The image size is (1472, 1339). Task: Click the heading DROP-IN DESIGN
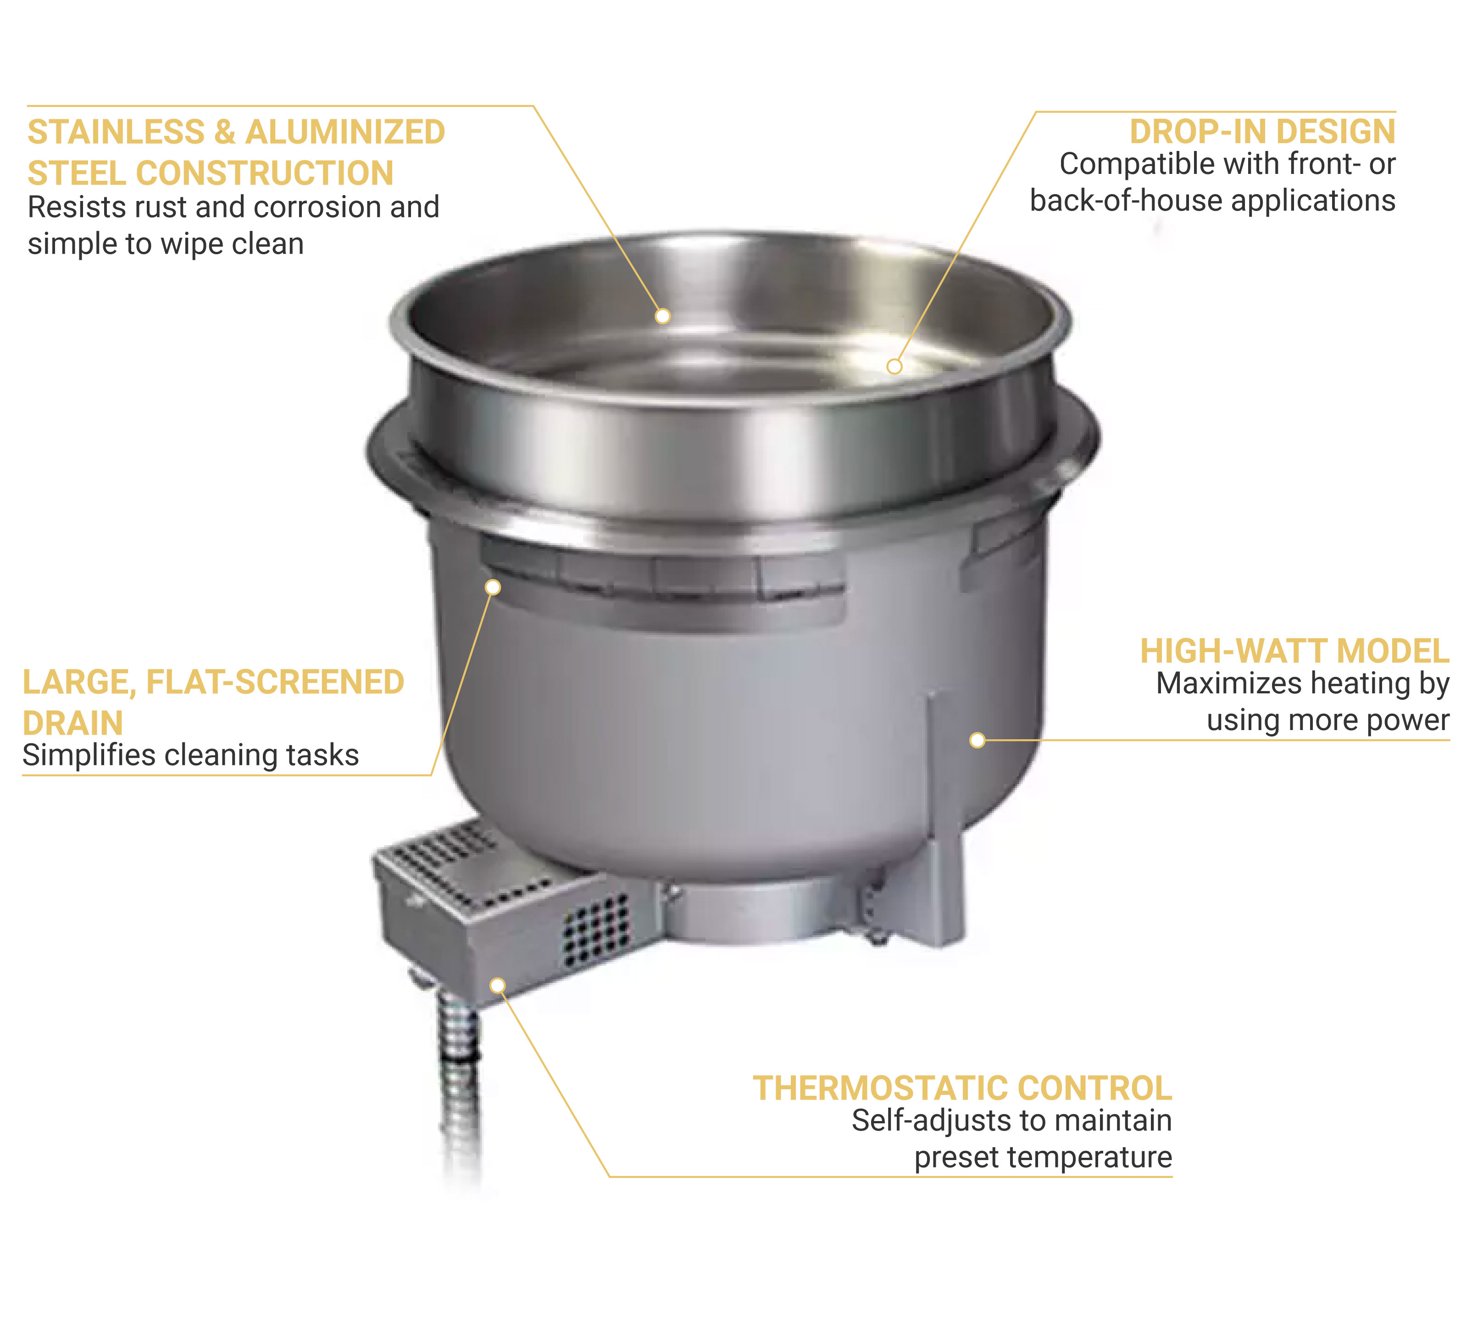[x=1262, y=132]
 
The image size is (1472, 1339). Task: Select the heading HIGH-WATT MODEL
[x=1294, y=651]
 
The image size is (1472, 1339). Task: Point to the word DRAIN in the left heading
[x=72, y=723]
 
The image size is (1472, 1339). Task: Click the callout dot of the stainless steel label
[x=662, y=316]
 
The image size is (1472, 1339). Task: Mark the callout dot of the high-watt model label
[x=977, y=740]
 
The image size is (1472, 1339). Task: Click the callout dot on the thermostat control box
[x=497, y=986]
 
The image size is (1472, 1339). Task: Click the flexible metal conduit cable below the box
[x=459, y=1081]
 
